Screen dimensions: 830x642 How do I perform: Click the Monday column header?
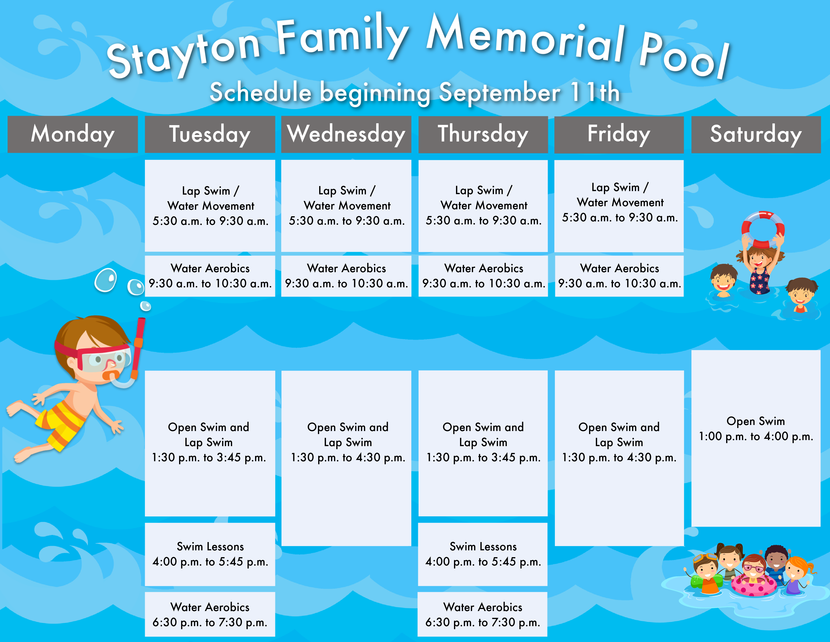[x=73, y=134]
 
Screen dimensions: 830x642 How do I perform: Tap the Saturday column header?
[x=756, y=134]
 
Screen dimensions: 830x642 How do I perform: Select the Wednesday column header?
[x=346, y=134]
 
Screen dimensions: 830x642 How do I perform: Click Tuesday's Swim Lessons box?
[x=210, y=554]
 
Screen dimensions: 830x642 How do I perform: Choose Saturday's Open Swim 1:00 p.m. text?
[x=756, y=429]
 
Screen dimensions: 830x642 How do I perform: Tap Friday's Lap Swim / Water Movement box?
[x=619, y=206]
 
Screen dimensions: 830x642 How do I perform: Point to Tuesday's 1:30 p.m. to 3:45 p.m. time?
[x=209, y=457]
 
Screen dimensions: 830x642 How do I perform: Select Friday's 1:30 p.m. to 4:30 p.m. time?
[x=619, y=457]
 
